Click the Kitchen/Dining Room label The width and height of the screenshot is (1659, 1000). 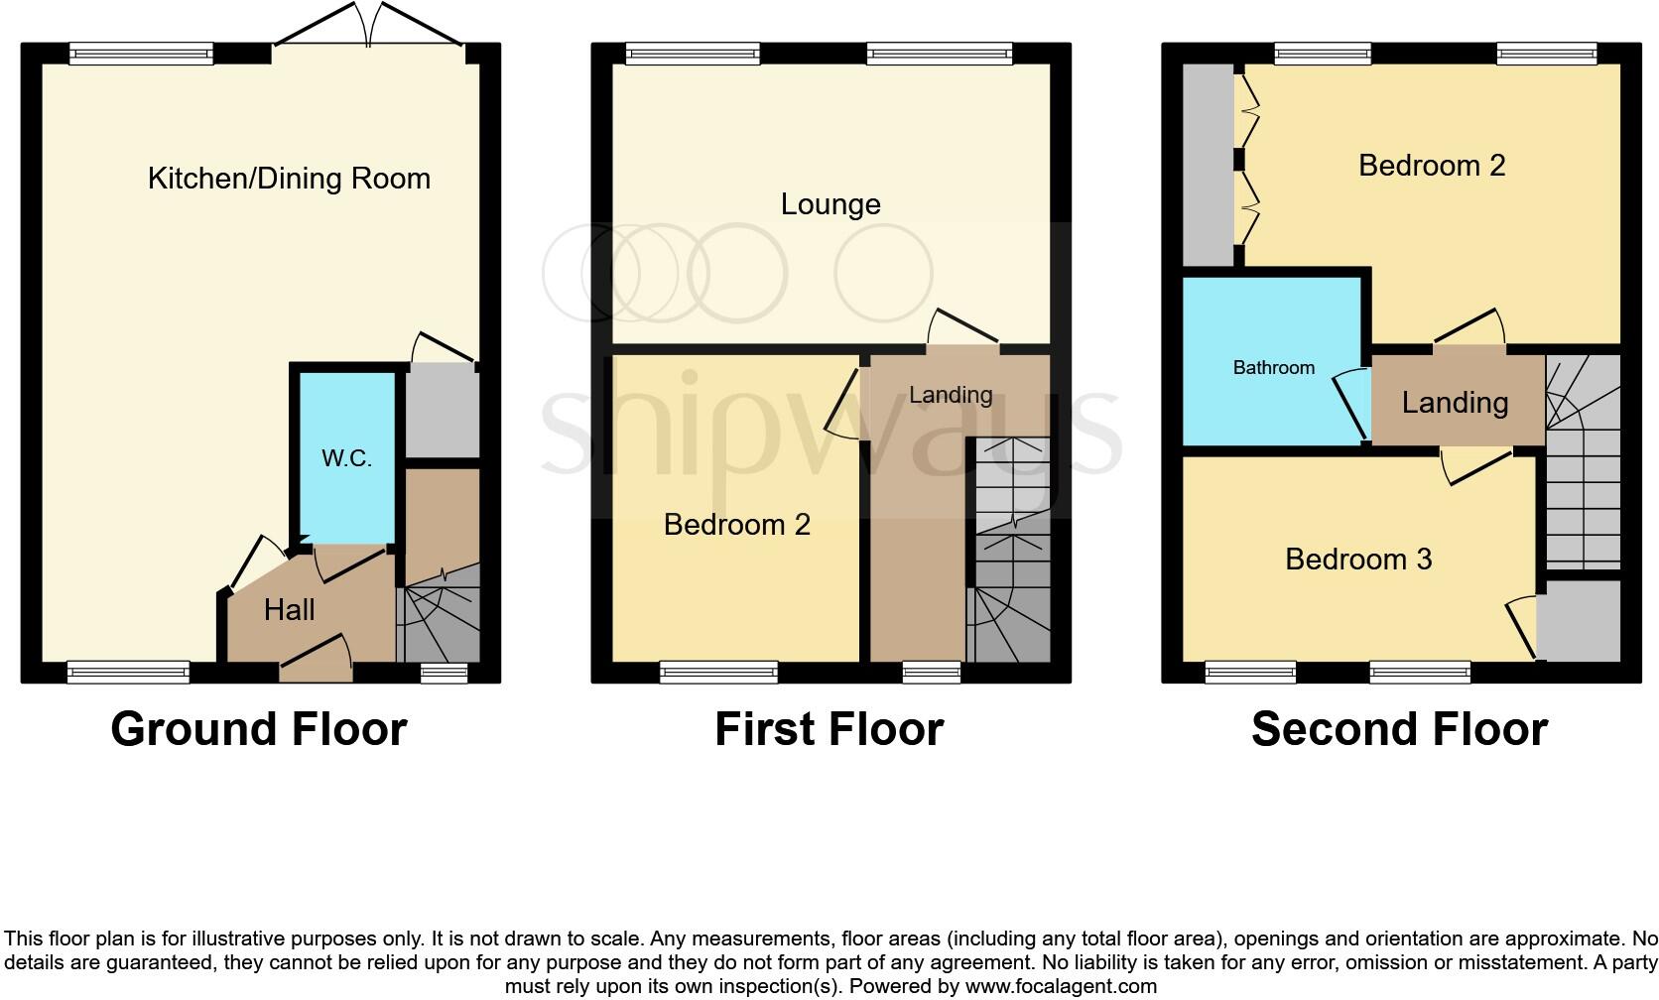point(289,179)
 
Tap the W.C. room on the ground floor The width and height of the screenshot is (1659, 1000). point(346,458)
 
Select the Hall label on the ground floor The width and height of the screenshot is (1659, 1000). point(289,609)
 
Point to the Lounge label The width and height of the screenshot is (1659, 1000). point(830,204)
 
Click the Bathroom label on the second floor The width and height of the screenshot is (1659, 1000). point(1273,368)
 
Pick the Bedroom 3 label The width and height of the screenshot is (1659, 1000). point(1357,560)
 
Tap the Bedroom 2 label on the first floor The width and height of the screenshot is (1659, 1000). point(736,525)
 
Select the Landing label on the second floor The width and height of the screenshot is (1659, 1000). point(1455,403)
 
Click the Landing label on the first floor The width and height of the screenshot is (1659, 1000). point(951,395)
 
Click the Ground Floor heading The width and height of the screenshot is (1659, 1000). point(259,729)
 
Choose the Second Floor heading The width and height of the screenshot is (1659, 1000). point(1399,729)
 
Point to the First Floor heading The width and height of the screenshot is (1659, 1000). point(829,729)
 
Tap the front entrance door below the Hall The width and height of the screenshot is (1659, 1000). point(317,661)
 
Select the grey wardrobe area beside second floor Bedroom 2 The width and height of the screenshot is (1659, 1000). point(1207,165)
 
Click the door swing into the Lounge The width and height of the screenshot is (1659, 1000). point(963,328)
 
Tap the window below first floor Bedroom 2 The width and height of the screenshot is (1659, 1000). point(719,674)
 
